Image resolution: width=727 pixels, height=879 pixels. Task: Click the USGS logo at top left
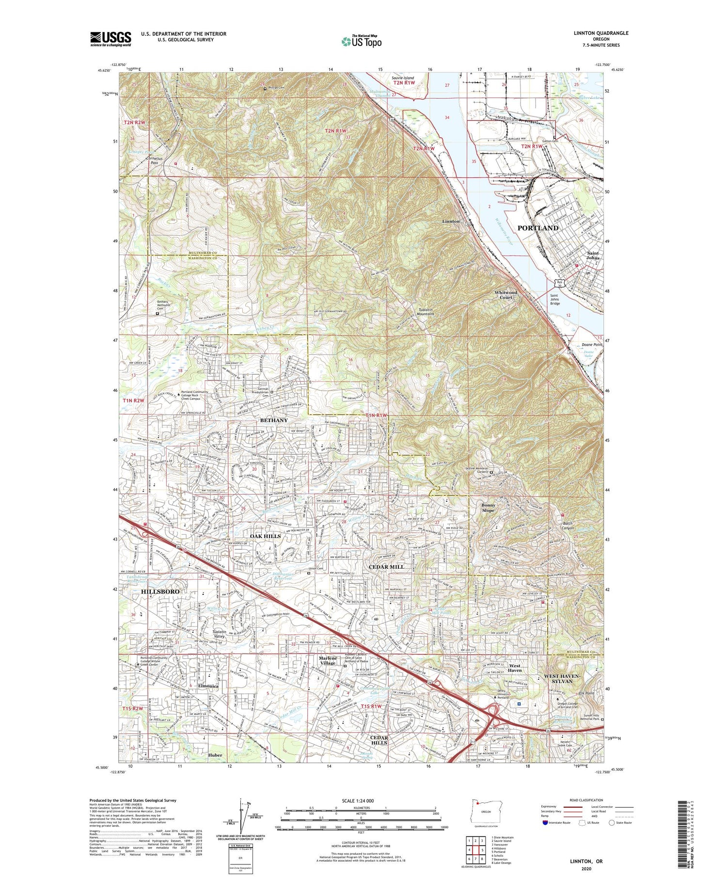click(x=111, y=39)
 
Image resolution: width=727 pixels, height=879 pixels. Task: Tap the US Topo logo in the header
click(x=361, y=41)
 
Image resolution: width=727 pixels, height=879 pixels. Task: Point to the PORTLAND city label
click(x=538, y=228)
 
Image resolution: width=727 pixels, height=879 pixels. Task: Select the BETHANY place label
click(x=274, y=420)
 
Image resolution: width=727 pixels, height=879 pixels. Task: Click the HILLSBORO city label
click(x=160, y=592)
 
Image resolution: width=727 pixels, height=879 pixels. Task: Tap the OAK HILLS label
click(x=265, y=536)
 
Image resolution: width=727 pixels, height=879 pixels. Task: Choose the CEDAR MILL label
click(x=386, y=567)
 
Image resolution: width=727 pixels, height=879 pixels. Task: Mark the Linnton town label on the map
click(x=451, y=221)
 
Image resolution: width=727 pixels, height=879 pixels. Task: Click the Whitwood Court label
click(x=506, y=295)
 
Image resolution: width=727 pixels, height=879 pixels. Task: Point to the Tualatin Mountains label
click(x=423, y=311)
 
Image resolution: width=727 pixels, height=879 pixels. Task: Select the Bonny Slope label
click(x=488, y=508)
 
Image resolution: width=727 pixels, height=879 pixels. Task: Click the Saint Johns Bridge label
click(x=554, y=300)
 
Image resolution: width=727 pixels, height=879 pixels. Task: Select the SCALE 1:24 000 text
click(x=361, y=800)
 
